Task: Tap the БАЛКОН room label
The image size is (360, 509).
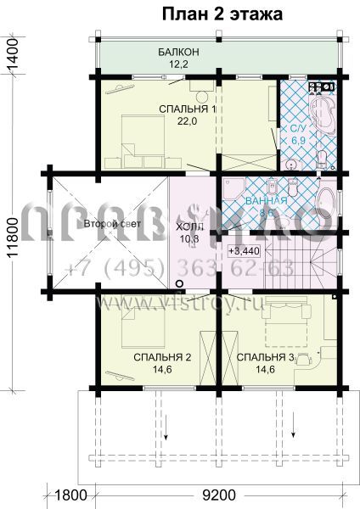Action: point(178,53)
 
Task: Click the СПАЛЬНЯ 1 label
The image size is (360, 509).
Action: point(187,109)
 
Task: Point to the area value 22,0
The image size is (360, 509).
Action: point(187,121)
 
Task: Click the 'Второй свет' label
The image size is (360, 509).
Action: point(105,223)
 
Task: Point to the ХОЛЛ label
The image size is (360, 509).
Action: point(189,229)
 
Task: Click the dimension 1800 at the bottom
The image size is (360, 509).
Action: point(71,493)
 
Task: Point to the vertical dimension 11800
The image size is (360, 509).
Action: point(12,233)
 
